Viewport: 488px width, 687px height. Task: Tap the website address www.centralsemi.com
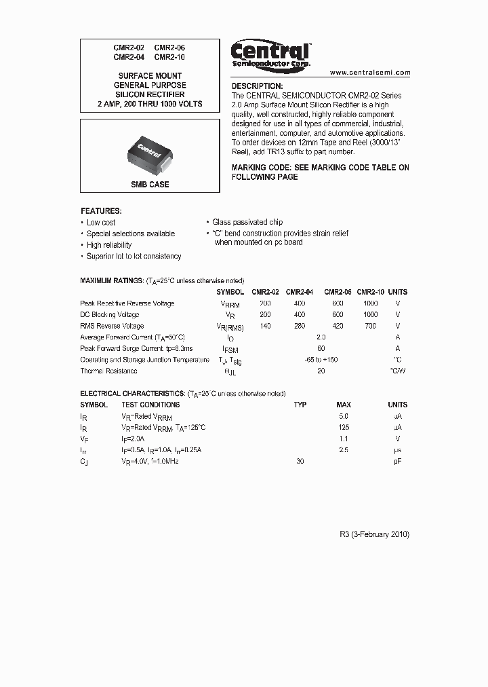pyautogui.click(x=370, y=72)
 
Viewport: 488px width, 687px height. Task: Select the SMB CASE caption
pyautogui.click(x=150, y=185)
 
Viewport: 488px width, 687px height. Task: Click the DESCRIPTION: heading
pyautogui.click(x=257, y=86)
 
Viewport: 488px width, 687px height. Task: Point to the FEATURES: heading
pyautogui.click(x=101, y=211)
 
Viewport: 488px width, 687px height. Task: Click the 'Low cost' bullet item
pyautogui.click(x=101, y=223)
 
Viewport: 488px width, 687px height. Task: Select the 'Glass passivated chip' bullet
pyautogui.click(x=247, y=222)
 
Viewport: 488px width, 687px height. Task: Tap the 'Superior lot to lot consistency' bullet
pyautogui.click(x=134, y=257)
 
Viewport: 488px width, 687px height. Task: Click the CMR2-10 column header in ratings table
pyautogui.click(x=370, y=292)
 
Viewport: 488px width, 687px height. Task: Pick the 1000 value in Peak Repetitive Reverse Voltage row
pyautogui.click(x=370, y=303)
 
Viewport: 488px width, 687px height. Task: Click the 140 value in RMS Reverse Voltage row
pyautogui.click(x=265, y=326)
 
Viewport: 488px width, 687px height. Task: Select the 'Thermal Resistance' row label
pyautogui.click(x=108, y=371)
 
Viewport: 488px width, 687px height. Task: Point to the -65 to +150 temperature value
pyautogui.click(x=321, y=360)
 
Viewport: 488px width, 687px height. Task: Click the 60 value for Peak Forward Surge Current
pyautogui.click(x=321, y=348)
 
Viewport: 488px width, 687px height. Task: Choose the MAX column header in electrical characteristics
pyautogui.click(x=344, y=405)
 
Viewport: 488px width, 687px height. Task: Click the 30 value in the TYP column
pyautogui.click(x=300, y=461)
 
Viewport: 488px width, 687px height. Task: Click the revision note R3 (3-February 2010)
pyautogui.click(x=374, y=534)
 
